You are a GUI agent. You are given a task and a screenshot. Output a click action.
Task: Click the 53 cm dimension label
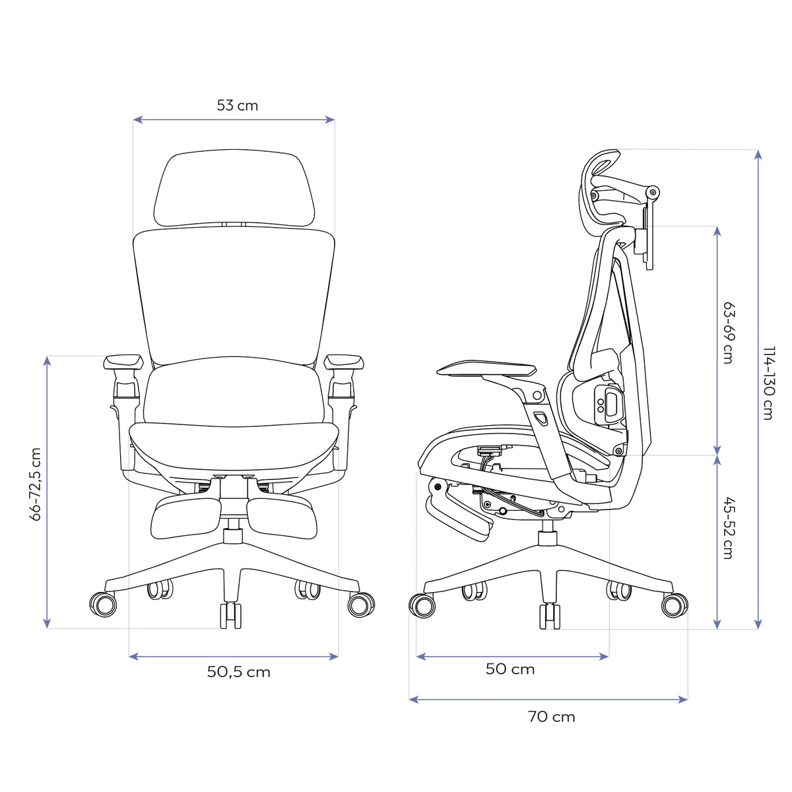point(238,105)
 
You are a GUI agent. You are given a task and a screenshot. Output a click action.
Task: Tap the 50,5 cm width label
point(238,672)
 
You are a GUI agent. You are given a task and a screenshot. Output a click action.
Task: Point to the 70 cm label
point(551,716)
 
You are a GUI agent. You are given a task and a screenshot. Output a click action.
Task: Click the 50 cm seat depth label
point(510,669)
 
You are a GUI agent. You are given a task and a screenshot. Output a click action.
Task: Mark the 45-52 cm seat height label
point(727,528)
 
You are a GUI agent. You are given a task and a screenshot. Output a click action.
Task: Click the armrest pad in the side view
point(486,368)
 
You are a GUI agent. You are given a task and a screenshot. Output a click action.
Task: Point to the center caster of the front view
point(230,615)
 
